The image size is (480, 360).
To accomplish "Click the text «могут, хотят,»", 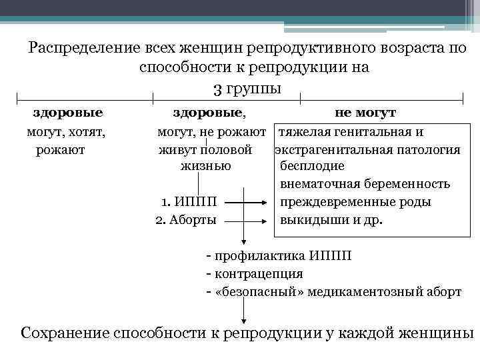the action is coord(67,131).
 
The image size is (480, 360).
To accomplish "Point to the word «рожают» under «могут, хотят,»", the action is coord(61,149).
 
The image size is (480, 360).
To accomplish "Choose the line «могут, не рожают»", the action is coord(212,131).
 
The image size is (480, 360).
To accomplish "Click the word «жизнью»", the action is coord(206,166).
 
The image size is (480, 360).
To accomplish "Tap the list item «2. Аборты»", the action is coord(185,219).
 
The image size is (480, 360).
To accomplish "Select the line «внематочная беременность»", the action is coord(365,184).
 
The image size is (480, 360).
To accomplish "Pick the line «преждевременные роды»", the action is coord(355,201).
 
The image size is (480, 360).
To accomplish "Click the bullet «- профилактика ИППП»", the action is coord(280,256).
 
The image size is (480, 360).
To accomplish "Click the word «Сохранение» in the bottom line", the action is coord(65,333).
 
